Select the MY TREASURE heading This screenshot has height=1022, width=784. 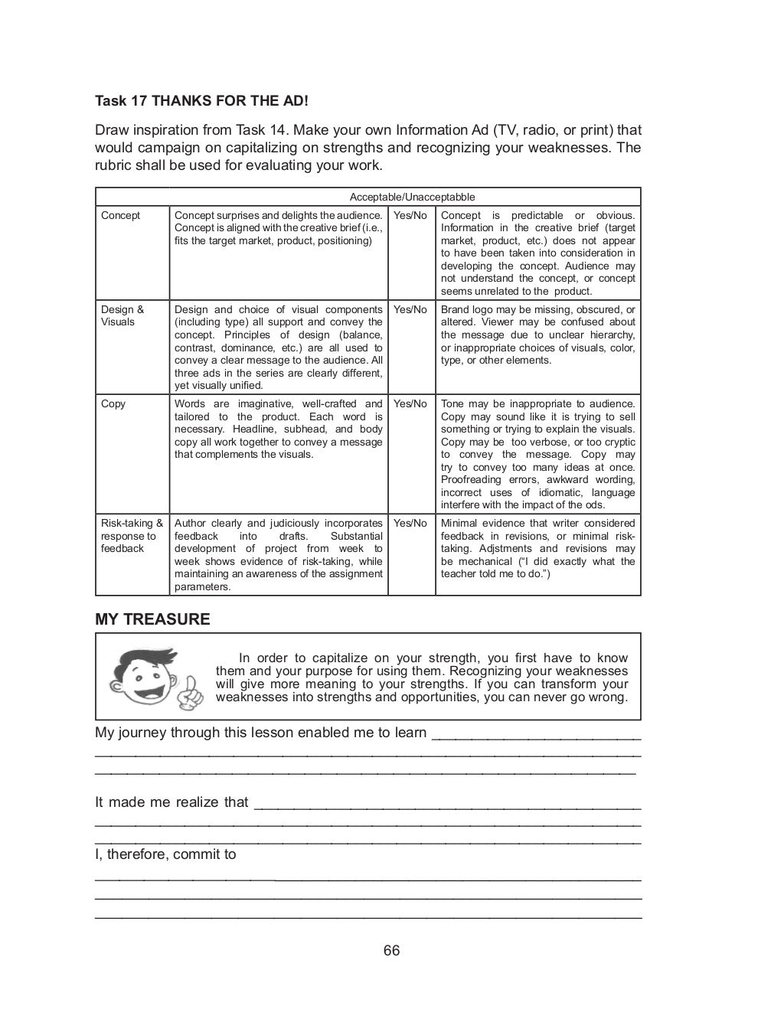coord(152,619)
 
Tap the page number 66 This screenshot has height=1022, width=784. coord(391,951)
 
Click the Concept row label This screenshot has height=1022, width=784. coord(121,216)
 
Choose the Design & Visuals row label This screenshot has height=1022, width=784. coord(122,316)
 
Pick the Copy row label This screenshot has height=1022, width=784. coord(113,404)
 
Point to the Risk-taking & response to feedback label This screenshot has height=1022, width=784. coord(132,536)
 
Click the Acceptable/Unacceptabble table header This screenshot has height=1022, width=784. coord(412,198)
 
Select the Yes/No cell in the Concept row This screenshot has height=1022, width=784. coord(410,216)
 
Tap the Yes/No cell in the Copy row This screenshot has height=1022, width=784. coord(410,404)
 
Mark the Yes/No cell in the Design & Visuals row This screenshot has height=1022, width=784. coord(410,310)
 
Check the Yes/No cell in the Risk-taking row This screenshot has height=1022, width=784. coord(410,524)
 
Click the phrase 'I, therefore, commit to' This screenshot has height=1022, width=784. coord(165,854)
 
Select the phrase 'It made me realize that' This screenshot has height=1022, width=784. coord(171,802)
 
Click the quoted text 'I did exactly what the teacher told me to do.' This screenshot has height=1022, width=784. coord(538,568)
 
